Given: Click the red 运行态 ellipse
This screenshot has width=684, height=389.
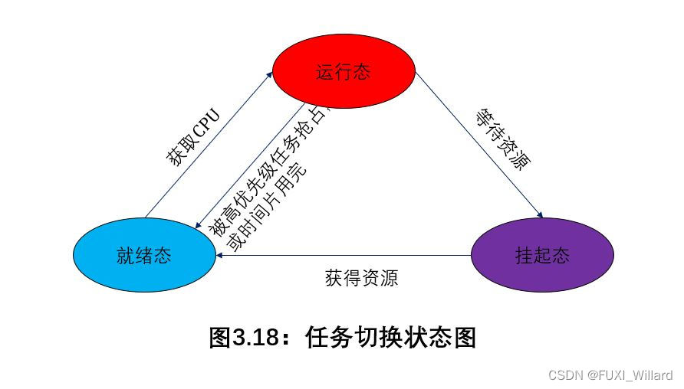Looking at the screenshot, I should click(344, 73).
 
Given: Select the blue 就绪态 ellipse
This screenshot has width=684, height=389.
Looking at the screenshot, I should click(144, 256).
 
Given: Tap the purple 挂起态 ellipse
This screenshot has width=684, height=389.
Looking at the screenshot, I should click(542, 256).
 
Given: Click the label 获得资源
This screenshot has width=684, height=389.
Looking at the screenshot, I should click(361, 277).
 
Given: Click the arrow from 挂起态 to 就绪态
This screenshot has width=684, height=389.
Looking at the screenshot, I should click(345, 256).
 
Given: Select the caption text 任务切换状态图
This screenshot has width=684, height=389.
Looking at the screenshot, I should click(390, 338).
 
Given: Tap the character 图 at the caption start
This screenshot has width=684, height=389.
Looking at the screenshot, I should click(221, 338).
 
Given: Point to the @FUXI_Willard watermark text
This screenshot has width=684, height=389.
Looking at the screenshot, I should click(630, 375).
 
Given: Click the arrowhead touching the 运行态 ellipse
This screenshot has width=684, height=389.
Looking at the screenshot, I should click(269, 74).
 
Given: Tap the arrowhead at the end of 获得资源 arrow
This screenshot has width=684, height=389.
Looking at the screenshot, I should click(220, 256).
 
